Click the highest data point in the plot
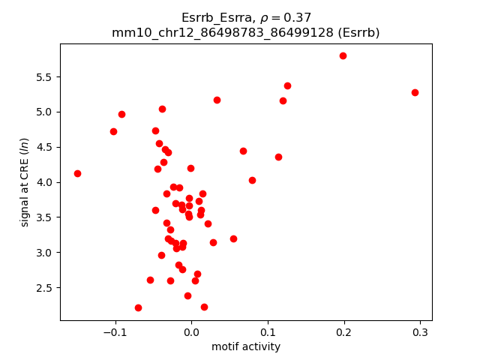tap(343, 55)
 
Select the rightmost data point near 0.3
tap(415, 92)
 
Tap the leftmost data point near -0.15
tap(77, 173)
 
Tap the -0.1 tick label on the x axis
tap(115, 333)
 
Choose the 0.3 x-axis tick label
tap(420, 333)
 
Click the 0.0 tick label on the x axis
tap(191, 333)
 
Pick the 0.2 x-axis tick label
tap(343, 333)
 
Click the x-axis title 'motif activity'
tap(246, 347)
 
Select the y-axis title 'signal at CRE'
tap(25, 182)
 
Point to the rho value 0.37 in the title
tap(296, 17)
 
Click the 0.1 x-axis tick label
tap(268, 333)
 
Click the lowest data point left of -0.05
tap(138, 307)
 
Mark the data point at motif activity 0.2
tap(343, 55)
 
